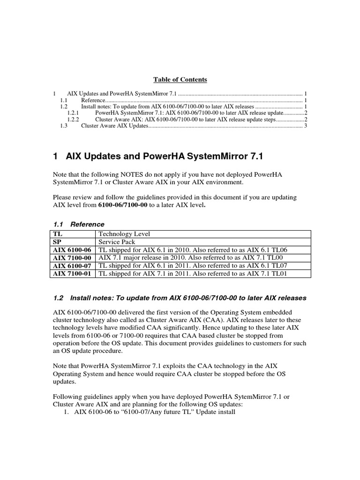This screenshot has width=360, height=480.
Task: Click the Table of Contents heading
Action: pyautogui.click(x=181, y=80)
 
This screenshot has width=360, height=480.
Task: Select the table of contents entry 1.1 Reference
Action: pyautogui.click(x=93, y=100)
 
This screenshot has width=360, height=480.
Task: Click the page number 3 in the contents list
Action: pyautogui.click(x=305, y=126)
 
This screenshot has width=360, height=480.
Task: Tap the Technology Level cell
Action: pyautogui.click(x=124, y=234)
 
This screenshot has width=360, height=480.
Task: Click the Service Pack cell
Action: pyautogui.click(x=116, y=242)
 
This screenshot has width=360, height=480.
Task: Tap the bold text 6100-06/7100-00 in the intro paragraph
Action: pyautogui.click(x=123, y=205)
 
